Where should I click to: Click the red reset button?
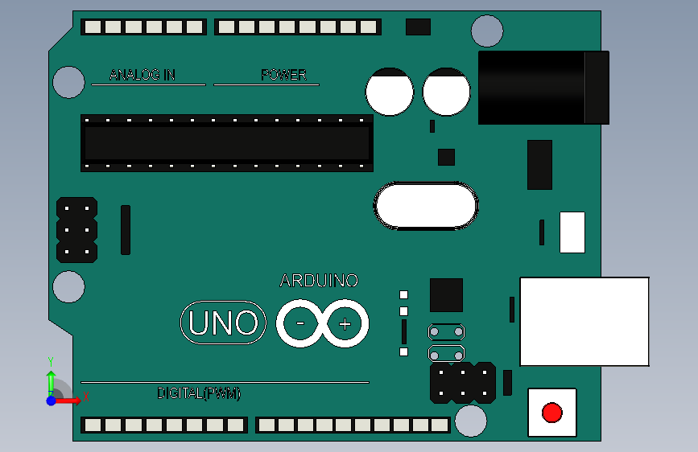pos(551,413)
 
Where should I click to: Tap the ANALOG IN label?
pos(142,75)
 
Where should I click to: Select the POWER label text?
pos(283,75)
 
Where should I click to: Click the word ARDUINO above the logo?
pos(319,281)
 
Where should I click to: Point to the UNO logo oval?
pos(223,323)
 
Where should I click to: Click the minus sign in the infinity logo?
pos(300,324)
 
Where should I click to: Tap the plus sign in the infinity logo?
pos(345,324)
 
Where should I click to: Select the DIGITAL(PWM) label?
pos(199,393)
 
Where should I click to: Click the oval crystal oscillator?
pos(426,206)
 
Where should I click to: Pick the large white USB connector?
pos(584,321)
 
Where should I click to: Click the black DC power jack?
pos(543,88)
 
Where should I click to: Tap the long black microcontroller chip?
pos(226,142)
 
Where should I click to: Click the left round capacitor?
pos(390,92)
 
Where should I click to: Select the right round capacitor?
pos(446,92)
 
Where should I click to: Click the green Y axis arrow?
pos(51,378)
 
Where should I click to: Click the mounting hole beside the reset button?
pos(471,421)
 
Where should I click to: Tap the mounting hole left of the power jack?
pos(486,31)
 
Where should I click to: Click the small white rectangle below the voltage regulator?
pos(572,232)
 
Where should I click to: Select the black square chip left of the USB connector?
pos(446,295)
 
